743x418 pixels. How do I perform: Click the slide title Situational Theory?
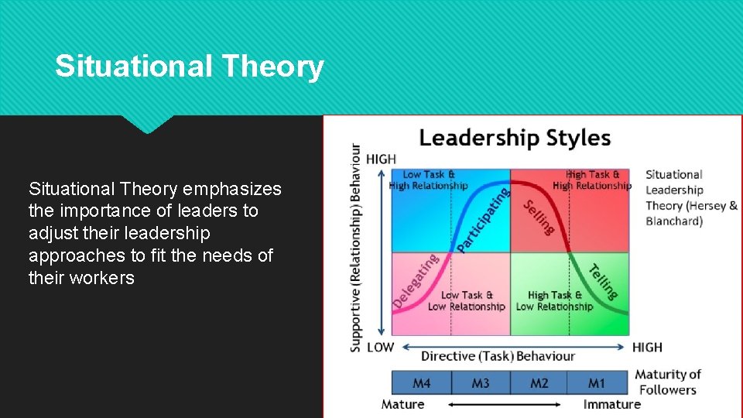point(189,67)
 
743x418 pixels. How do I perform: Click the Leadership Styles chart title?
point(515,139)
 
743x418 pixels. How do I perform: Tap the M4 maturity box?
point(422,383)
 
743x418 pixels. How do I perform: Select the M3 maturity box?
point(481,383)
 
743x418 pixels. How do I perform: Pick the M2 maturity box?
point(539,383)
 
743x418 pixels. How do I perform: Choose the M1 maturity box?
point(597,383)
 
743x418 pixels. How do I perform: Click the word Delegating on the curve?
point(415,281)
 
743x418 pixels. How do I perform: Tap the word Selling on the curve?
point(539,218)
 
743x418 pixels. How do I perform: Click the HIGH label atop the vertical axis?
point(381,159)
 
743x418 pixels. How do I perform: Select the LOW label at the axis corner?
point(380,347)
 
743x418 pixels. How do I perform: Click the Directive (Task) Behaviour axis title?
point(498,356)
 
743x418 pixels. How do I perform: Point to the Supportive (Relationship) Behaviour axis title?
point(355,248)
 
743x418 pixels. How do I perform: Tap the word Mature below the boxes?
point(402,404)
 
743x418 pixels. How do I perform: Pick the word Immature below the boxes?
point(612,404)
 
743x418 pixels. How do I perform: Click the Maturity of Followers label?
point(668,382)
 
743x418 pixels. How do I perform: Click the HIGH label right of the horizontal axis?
point(647,347)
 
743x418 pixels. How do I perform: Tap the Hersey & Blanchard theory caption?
point(690,198)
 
